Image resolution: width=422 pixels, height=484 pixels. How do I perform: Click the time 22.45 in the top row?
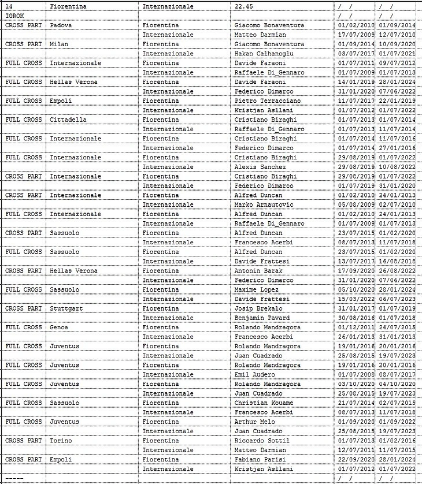[x=244, y=6]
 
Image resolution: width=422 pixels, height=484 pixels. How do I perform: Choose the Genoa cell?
[x=59, y=327]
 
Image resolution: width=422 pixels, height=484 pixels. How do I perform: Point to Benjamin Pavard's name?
[x=262, y=318]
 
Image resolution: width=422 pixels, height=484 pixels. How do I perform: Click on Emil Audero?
[x=254, y=374]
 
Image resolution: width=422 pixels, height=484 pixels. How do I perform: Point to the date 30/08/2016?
[x=355, y=318]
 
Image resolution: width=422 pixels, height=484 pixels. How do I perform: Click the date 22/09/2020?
[x=355, y=459]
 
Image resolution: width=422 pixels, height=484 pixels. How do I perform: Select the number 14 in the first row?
[x=9, y=6]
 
